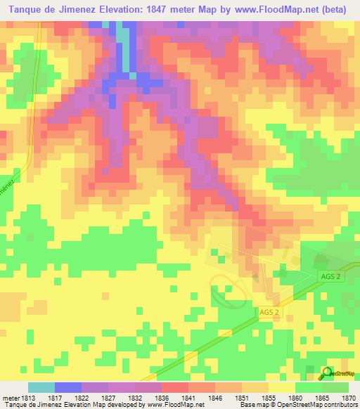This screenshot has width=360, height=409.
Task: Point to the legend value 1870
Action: click(x=348, y=397)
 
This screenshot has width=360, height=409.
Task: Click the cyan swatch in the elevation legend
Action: click(x=41, y=387)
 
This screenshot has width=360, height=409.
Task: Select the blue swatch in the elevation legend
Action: click(x=67, y=387)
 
